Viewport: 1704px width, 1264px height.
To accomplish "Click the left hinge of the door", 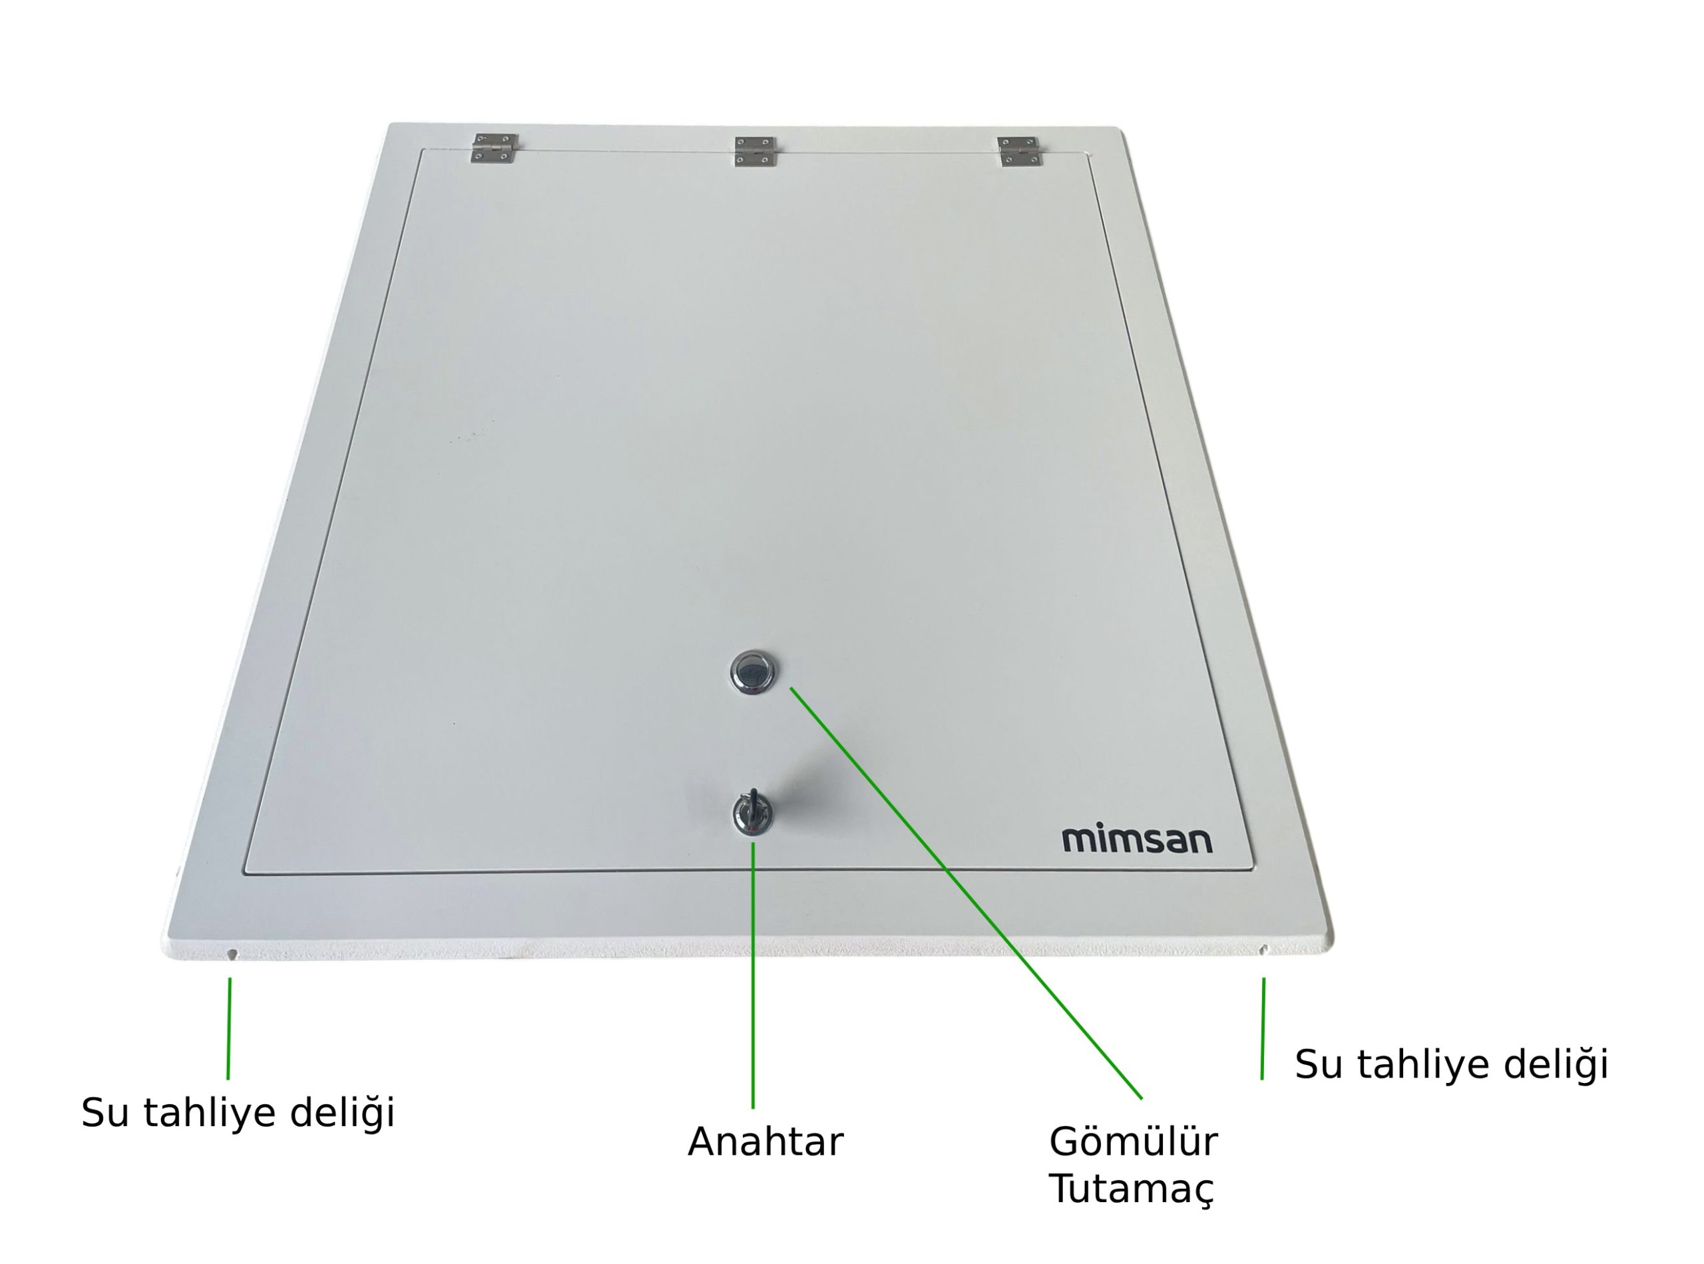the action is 495,148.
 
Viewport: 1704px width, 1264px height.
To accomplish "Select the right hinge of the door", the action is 1020,152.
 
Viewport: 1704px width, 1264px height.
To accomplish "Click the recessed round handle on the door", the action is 753,672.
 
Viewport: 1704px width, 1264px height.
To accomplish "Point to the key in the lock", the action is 752,813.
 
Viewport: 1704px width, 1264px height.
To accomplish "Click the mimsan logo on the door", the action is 1137,839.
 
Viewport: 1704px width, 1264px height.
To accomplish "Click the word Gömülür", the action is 1133,1142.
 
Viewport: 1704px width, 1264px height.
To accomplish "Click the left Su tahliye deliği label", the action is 238,1112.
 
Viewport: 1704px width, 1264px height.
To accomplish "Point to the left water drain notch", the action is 232,953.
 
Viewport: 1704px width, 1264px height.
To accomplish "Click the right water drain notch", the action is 1263,950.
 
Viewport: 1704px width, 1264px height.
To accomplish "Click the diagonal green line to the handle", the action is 966,893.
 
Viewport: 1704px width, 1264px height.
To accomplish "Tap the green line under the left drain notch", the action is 229,1028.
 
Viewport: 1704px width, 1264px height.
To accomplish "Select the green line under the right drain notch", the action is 1263,1028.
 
